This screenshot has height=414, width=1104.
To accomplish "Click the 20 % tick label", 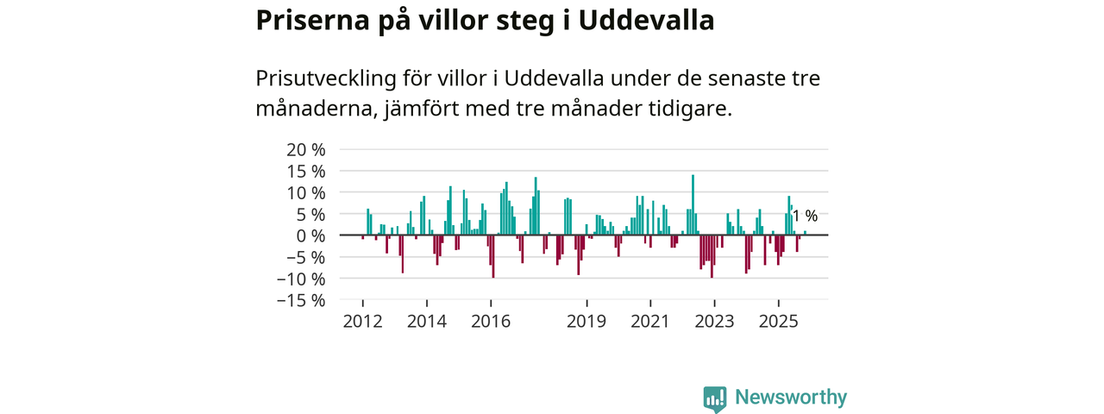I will [x=306, y=149].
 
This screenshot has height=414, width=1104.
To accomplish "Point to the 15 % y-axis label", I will [x=306, y=171].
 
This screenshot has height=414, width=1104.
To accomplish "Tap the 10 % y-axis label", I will [x=306, y=192].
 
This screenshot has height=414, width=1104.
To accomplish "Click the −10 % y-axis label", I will [x=301, y=279].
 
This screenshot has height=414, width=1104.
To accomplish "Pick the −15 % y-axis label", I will [x=301, y=300].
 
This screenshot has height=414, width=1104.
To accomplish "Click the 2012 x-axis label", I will [x=362, y=322].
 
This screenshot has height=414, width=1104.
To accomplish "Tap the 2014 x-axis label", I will [x=426, y=322].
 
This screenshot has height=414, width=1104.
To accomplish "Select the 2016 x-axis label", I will [x=491, y=322].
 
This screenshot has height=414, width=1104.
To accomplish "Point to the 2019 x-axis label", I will [x=586, y=322].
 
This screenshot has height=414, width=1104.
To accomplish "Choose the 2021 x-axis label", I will [x=650, y=322].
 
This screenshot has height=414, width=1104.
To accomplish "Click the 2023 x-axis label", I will [x=714, y=322].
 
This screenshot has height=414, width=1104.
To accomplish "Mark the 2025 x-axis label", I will [x=779, y=322].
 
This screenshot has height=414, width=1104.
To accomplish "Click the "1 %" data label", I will [x=805, y=216].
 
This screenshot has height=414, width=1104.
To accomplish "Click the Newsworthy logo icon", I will [x=714, y=398].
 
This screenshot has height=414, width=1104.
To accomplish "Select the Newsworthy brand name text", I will [x=791, y=398].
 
